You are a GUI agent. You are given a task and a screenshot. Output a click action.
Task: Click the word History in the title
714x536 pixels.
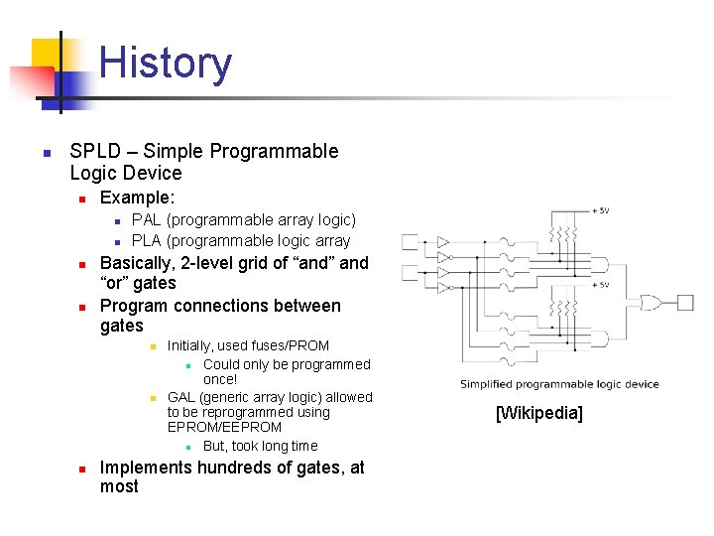166,63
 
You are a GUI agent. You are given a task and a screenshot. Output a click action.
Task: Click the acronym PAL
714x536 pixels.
147,219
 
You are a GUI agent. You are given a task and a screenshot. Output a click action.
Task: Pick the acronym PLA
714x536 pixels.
148,240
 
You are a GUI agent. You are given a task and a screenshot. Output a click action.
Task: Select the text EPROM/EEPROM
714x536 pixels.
224,427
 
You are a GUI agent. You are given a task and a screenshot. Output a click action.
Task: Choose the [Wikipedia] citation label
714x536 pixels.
538,413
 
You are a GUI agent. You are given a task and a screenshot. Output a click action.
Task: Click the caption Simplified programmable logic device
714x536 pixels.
558,384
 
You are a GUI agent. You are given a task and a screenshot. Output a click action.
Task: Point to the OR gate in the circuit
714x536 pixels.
653,302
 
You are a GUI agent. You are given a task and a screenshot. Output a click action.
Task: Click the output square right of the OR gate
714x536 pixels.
684,302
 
